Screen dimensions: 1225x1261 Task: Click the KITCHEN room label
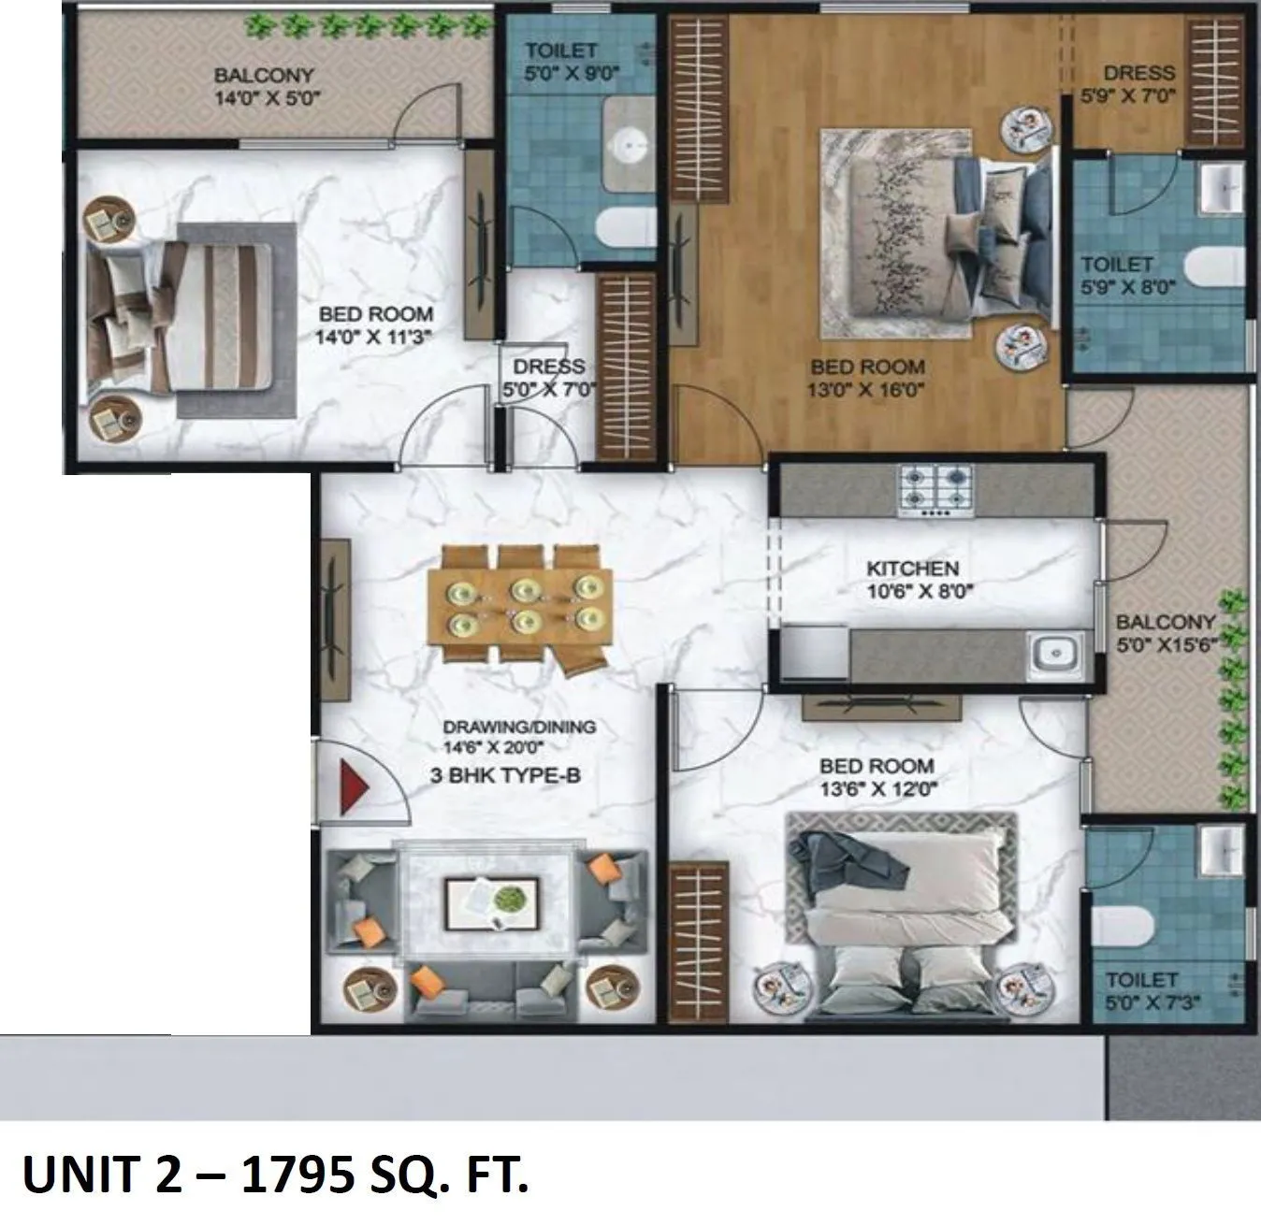[912, 569]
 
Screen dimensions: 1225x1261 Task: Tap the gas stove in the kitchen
[935, 490]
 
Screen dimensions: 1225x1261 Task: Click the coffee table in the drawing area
[491, 902]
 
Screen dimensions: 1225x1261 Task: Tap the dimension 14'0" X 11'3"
[376, 338]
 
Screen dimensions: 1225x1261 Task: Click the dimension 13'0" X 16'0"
[866, 390]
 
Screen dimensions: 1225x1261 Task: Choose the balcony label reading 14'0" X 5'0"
[263, 97]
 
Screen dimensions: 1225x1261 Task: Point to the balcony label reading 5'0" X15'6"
[1166, 644]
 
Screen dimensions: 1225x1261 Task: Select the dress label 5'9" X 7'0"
[1138, 95]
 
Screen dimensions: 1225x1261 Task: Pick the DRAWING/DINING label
[518, 727]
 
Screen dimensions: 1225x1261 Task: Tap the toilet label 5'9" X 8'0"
[1116, 286]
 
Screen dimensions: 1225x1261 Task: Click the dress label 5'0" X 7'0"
[548, 389]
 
